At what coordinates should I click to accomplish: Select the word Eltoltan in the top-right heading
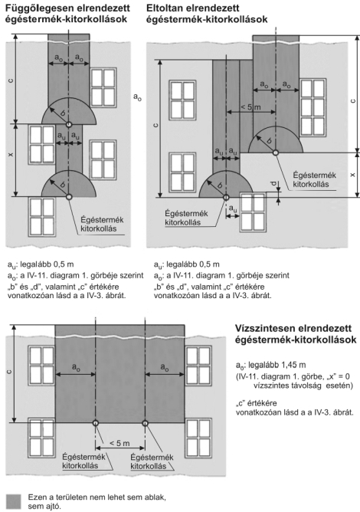tap(165, 8)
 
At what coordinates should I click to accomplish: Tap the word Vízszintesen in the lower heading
tap(263, 328)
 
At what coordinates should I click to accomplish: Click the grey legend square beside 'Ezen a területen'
tap(13, 501)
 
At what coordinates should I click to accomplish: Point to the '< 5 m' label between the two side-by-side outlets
tap(119, 443)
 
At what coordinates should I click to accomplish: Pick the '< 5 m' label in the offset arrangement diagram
tap(250, 107)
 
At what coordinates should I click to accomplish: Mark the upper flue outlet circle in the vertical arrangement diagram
tap(68, 124)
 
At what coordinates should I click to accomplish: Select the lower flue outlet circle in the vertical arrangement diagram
tap(68, 196)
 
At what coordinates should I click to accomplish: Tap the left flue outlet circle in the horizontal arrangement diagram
tap(95, 423)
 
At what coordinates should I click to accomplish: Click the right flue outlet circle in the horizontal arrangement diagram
tap(145, 423)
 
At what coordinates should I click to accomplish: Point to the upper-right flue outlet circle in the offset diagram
tap(276, 153)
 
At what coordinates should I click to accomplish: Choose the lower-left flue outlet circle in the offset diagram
tap(226, 197)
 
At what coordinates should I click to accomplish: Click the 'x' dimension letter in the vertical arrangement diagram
tap(11, 155)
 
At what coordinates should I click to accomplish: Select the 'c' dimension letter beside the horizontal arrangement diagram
tap(10, 371)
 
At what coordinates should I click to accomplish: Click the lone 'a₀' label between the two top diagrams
tap(137, 97)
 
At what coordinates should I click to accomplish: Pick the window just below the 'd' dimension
tap(253, 212)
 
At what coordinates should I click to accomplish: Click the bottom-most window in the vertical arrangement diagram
tap(42, 217)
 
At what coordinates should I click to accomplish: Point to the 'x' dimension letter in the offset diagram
tap(352, 175)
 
